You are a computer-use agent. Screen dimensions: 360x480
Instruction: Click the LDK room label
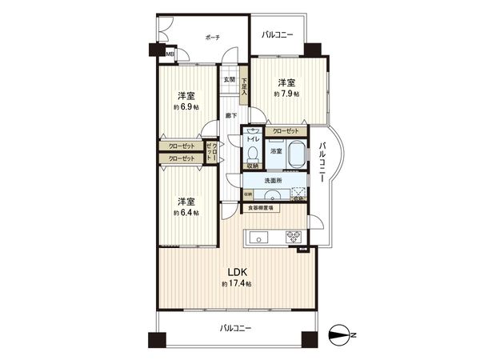tap(236, 271)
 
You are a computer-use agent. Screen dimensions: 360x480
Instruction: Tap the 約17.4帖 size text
tap(236, 285)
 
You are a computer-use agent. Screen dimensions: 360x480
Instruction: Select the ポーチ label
tap(212, 38)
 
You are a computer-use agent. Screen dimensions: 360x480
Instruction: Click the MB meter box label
tap(170, 54)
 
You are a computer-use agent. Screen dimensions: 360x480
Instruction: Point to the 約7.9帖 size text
tap(286, 94)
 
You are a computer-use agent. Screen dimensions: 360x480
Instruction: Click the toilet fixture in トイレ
tap(253, 152)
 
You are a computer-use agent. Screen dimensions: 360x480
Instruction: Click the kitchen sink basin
tap(260, 236)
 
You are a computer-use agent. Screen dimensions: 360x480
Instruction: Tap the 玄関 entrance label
tap(230, 79)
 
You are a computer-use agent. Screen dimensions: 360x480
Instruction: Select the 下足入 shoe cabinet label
tap(244, 83)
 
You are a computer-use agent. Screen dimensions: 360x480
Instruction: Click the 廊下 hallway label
tap(230, 117)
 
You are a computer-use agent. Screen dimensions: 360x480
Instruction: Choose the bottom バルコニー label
tap(236, 329)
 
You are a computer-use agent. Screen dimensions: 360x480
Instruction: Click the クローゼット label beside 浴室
tap(286, 131)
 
